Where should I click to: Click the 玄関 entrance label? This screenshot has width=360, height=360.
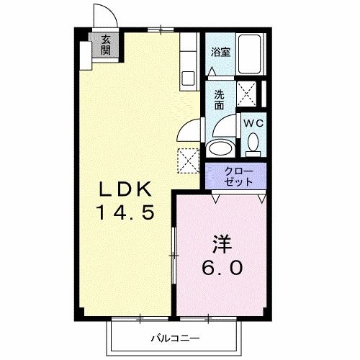coord(106,45)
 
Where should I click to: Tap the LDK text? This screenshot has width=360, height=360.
coord(125,190)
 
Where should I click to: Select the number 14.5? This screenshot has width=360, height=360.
coord(125,214)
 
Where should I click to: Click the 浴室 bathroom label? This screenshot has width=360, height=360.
coord(220,53)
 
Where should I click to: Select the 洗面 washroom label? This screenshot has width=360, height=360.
coord(220,98)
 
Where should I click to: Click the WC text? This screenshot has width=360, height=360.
coord(252,123)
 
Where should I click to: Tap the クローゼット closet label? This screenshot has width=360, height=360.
coord(238,176)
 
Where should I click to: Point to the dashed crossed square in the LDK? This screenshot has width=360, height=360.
coord(188,159)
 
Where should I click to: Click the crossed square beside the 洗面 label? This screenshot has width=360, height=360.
coord(248,94)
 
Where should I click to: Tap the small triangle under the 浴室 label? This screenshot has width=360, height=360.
coord(212,71)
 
